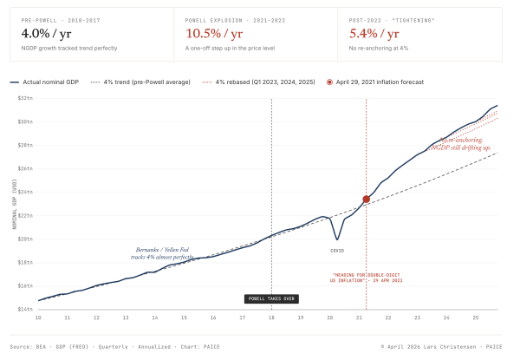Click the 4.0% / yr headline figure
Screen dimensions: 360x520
pos(47,33)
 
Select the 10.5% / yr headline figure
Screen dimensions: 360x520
pos(211,33)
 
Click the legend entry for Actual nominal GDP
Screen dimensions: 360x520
pos(48,82)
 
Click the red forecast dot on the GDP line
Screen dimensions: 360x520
pos(366,199)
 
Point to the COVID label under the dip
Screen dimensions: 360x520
pos(336,251)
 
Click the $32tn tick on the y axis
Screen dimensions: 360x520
pos(26,98)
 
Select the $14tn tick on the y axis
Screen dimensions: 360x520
pos(26,309)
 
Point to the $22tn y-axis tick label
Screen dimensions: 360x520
pos(26,215)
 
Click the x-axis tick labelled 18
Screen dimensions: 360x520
pos(271,317)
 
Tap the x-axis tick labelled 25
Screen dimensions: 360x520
pos(476,317)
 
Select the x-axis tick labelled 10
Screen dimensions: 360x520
pos(38,317)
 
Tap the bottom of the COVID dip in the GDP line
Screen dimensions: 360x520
pos(336,239)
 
